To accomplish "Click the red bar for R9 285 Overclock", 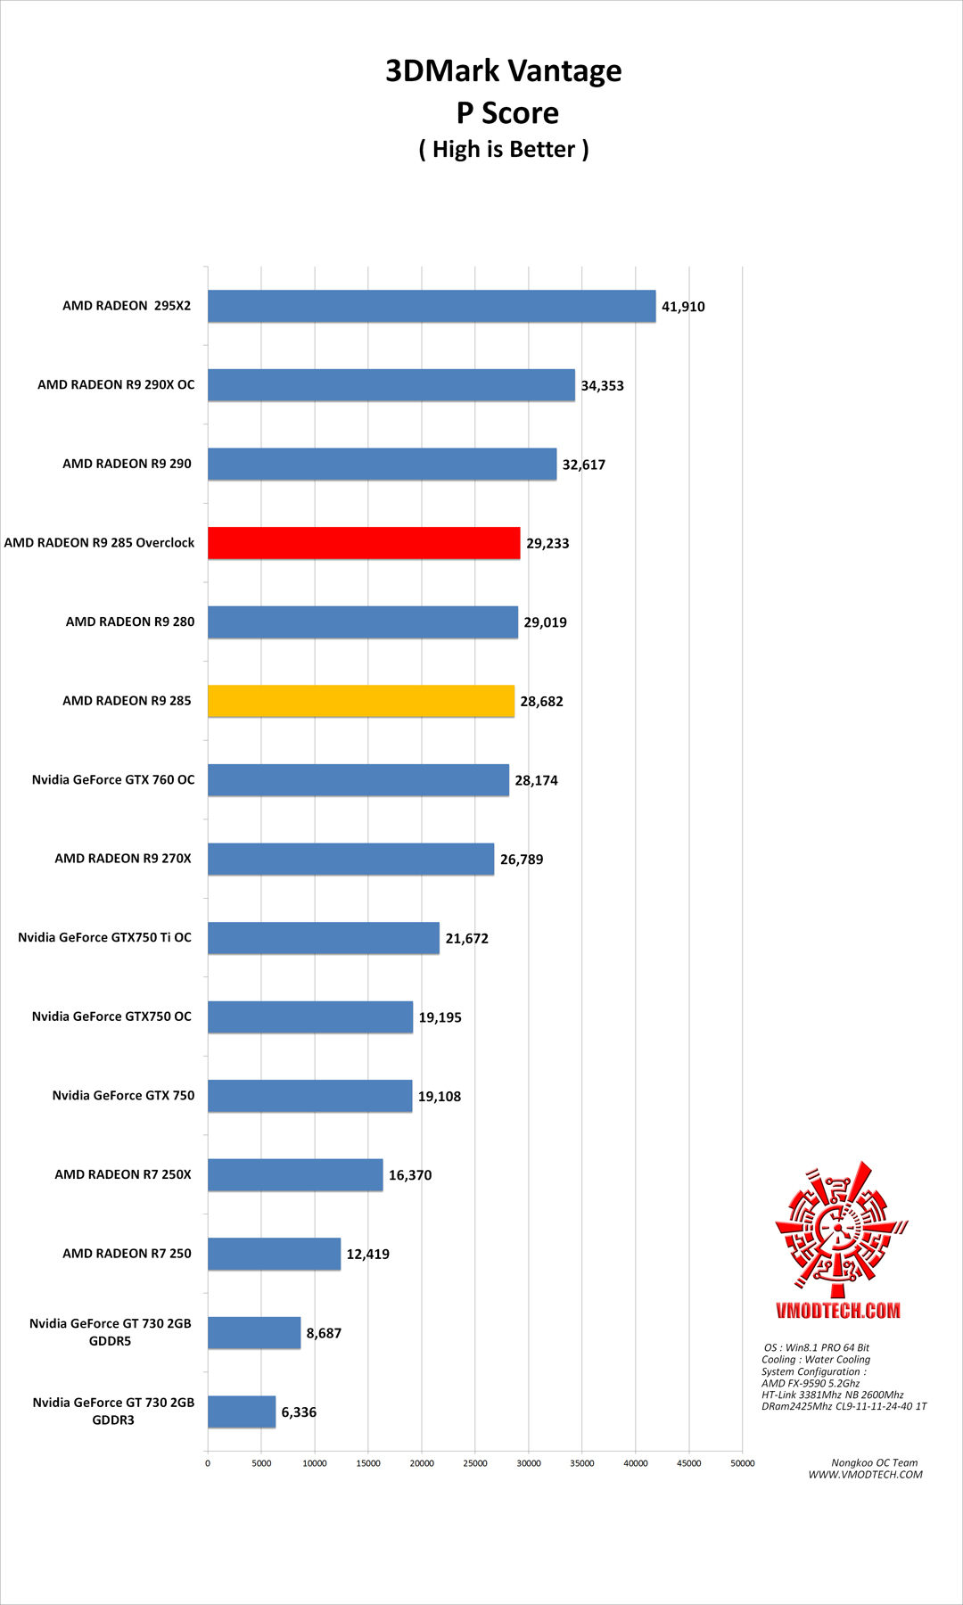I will (364, 543).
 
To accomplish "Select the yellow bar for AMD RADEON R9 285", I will (361, 701).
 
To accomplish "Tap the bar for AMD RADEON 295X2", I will (432, 306).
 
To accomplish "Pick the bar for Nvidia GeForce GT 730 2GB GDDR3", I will (242, 1412).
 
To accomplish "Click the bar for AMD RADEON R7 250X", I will (295, 1174).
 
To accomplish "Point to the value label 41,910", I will (683, 307).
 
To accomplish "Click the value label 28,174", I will (536, 780).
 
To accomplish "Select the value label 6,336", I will (299, 1412).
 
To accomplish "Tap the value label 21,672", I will (466, 938).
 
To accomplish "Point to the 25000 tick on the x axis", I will (475, 1463).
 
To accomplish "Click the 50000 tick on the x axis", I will (742, 1463).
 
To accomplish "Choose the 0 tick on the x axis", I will (208, 1463).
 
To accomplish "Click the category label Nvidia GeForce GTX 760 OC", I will (113, 779).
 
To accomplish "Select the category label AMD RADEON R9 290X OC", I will (116, 384).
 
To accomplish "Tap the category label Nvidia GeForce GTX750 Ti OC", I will (104, 937).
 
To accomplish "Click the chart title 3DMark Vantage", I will (503, 70).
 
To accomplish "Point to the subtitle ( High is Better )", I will (504, 149).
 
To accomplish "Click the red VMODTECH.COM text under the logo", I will (838, 1310).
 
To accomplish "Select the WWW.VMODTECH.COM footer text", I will (865, 1475).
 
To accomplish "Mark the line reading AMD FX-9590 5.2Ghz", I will (811, 1383).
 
